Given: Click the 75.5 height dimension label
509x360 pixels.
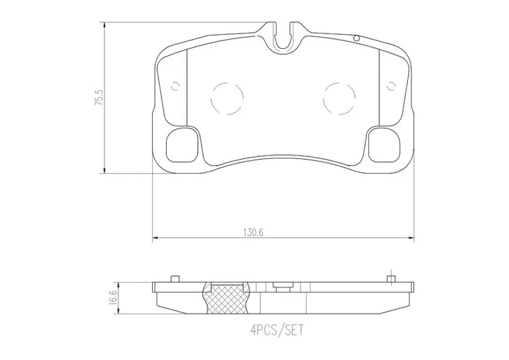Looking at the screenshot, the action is (x=99, y=97).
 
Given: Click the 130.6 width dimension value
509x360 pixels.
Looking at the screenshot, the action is (x=253, y=232).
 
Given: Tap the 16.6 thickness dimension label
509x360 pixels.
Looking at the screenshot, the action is (x=113, y=298).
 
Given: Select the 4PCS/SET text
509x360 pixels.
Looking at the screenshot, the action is (x=278, y=331).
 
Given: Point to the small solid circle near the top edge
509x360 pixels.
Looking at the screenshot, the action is (x=356, y=38).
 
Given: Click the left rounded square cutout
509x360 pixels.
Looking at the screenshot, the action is (x=182, y=145).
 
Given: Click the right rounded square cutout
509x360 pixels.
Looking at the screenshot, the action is (x=385, y=145).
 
